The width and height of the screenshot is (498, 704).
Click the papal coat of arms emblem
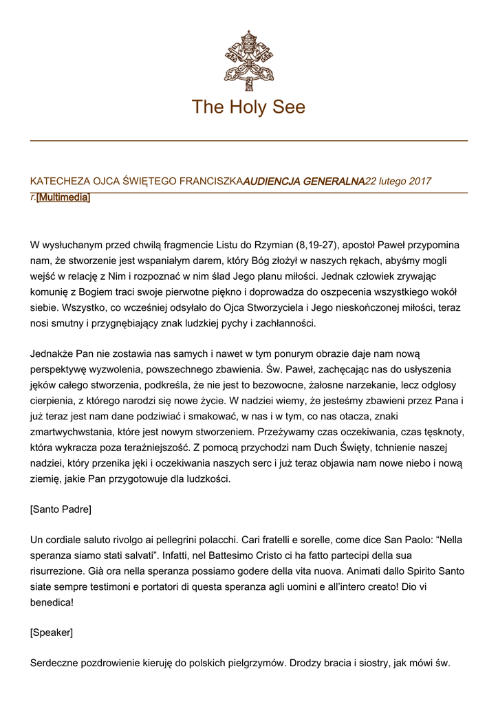pos(248,60)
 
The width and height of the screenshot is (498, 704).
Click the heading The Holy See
pos(248,107)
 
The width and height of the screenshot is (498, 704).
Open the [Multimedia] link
pos(63,198)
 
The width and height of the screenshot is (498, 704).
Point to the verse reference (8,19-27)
pos(318,245)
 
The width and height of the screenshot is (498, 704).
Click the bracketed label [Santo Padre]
pos(61,510)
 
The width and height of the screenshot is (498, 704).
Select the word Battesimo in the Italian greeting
pos(199,555)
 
